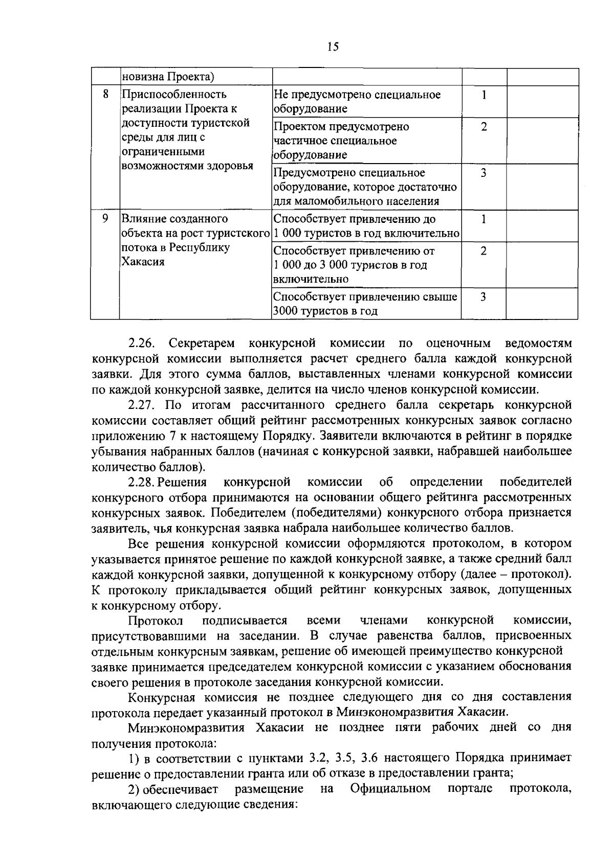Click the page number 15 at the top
(332, 47)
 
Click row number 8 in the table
(105, 95)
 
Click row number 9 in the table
(105, 219)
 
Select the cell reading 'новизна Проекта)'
(167, 77)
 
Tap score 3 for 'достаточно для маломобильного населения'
(484, 173)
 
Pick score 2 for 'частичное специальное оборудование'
(484, 126)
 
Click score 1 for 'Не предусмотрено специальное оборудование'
(484, 95)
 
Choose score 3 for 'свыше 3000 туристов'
(484, 297)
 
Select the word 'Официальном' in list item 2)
(390, 789)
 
